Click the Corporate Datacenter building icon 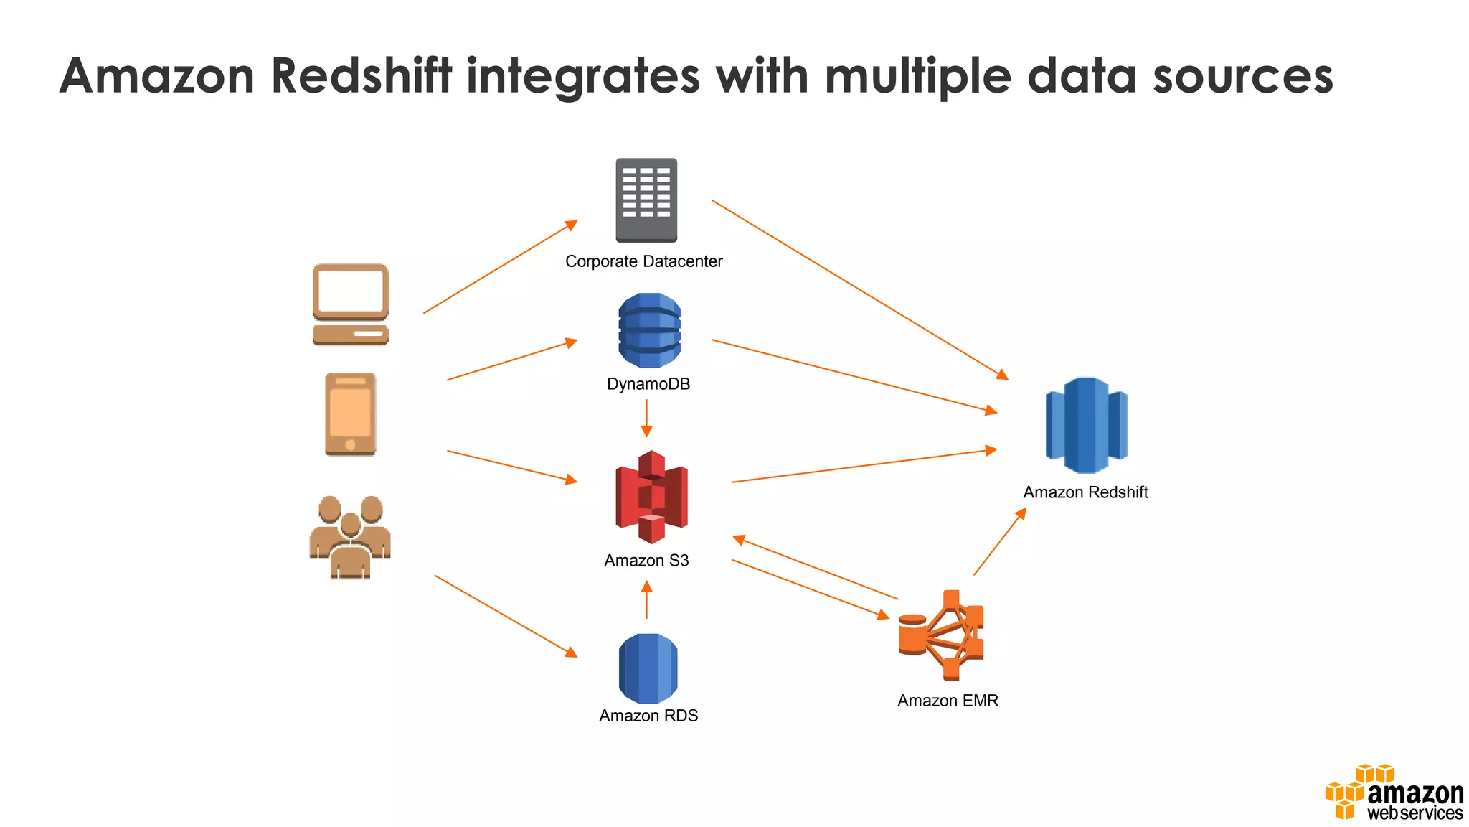(x=646, y=200)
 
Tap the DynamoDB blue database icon (x=649, y=330)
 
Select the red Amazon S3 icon (x=651, y=497)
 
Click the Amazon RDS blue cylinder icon (x=648, y=668)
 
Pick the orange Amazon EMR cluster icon (x=943, y=635)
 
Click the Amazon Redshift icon (x=1086, y=425)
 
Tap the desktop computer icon (x=351, y=304)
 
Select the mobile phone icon (x=350, y=414)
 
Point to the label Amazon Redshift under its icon (x=1085, y=492)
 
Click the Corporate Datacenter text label (x=643, y=261)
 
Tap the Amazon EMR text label (x=948, y=701)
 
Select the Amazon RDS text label (x=648, y=716)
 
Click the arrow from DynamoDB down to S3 (x=646, y=418)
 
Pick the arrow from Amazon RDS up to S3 (x=646, y=600)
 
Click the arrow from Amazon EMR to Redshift (x=999, y=542)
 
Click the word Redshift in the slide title (x=362, y=75)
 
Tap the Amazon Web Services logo (x=1394, y=794)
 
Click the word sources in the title (x=1242, y=75)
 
